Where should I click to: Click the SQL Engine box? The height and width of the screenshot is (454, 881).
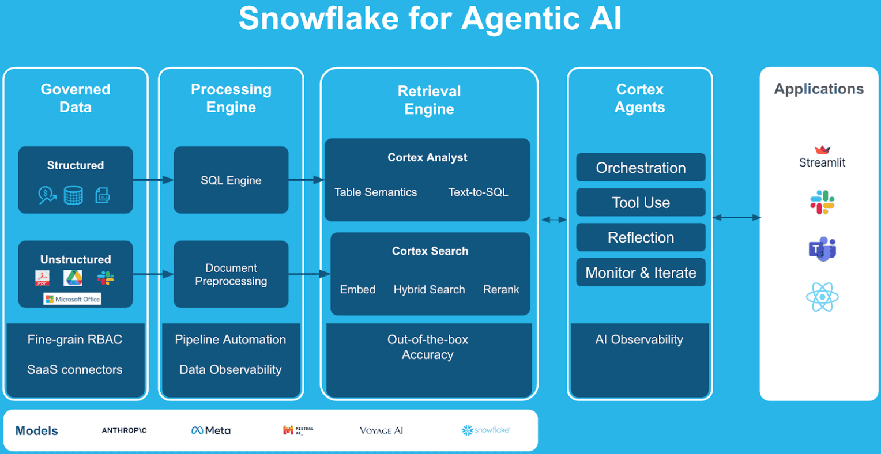[231, 180]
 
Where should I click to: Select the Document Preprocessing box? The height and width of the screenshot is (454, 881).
[231, 274]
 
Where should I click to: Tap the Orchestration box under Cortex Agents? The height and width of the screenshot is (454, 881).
[641, 168]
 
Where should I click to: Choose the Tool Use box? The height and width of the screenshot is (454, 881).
[641, 203]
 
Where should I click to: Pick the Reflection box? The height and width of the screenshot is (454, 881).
[641, 237]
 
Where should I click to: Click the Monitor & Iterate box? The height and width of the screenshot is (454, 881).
[641, 273]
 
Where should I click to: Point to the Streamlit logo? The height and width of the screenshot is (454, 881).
[822, 157]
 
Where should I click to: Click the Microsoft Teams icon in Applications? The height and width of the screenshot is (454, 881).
[822, 249]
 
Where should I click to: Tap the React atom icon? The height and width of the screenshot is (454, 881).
[822, 297]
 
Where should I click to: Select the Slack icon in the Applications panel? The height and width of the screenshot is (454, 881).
[822, 202]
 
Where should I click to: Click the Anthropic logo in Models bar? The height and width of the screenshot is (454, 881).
[124, 430]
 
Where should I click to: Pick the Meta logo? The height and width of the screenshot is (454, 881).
[211, 430]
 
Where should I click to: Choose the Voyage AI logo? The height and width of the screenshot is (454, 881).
[381, 430]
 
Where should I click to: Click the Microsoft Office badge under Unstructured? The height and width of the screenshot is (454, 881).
[73, 299]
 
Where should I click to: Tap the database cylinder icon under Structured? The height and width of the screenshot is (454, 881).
[73, 195]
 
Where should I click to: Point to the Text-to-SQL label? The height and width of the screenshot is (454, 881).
[478, 192]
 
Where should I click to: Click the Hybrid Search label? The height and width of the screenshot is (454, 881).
[429, 290]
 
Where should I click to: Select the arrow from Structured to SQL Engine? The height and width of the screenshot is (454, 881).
[153, 180]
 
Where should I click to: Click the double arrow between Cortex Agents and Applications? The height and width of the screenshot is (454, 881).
[736, 218]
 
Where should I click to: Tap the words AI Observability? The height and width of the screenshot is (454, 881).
[639, 340]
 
